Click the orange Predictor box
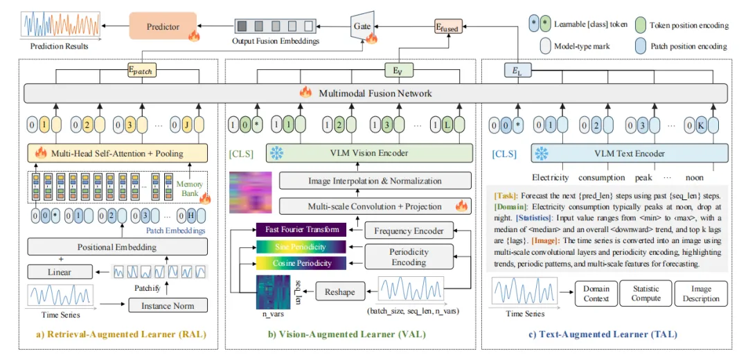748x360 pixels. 163,27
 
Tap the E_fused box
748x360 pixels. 447,26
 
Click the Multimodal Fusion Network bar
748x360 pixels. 374,93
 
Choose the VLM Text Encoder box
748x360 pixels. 630,153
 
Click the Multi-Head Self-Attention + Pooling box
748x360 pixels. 111,154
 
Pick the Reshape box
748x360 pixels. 339,291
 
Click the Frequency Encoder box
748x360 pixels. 403,231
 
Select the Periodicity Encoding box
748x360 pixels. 409,258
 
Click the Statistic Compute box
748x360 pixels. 645,294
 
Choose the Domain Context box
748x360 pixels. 596,294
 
